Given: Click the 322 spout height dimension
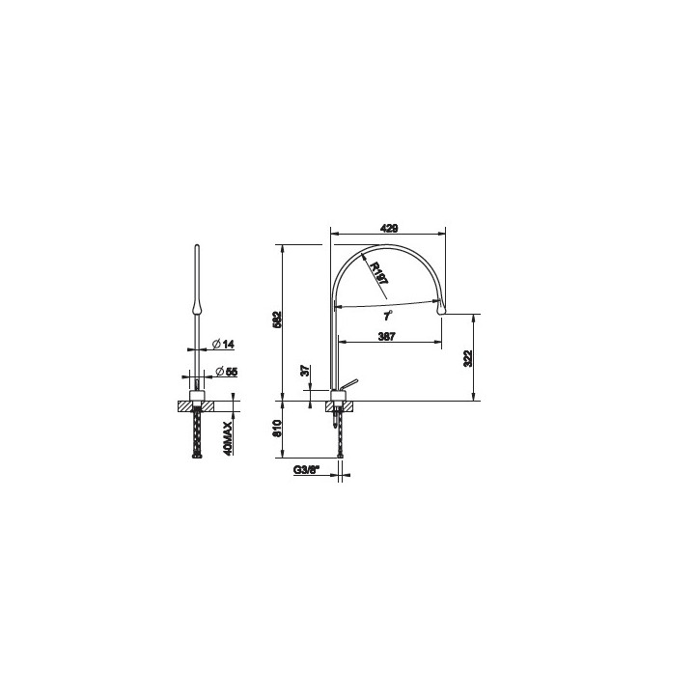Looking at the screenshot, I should [x=469, y=357].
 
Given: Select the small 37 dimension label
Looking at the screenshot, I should [x=304, y=370].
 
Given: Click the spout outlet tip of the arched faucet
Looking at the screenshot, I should [x=443, y=311].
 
